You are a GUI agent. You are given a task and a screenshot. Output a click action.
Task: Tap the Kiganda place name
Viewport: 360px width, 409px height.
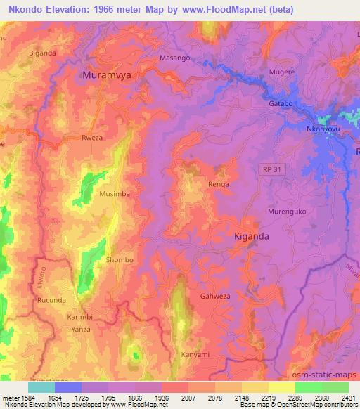[250, 237]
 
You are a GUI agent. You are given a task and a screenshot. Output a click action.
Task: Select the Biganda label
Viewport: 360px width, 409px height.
[41, 53]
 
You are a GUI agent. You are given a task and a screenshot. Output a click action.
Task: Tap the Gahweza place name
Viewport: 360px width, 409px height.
[216, 297]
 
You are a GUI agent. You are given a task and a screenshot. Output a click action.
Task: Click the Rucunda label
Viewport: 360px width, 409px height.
[51, 301]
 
